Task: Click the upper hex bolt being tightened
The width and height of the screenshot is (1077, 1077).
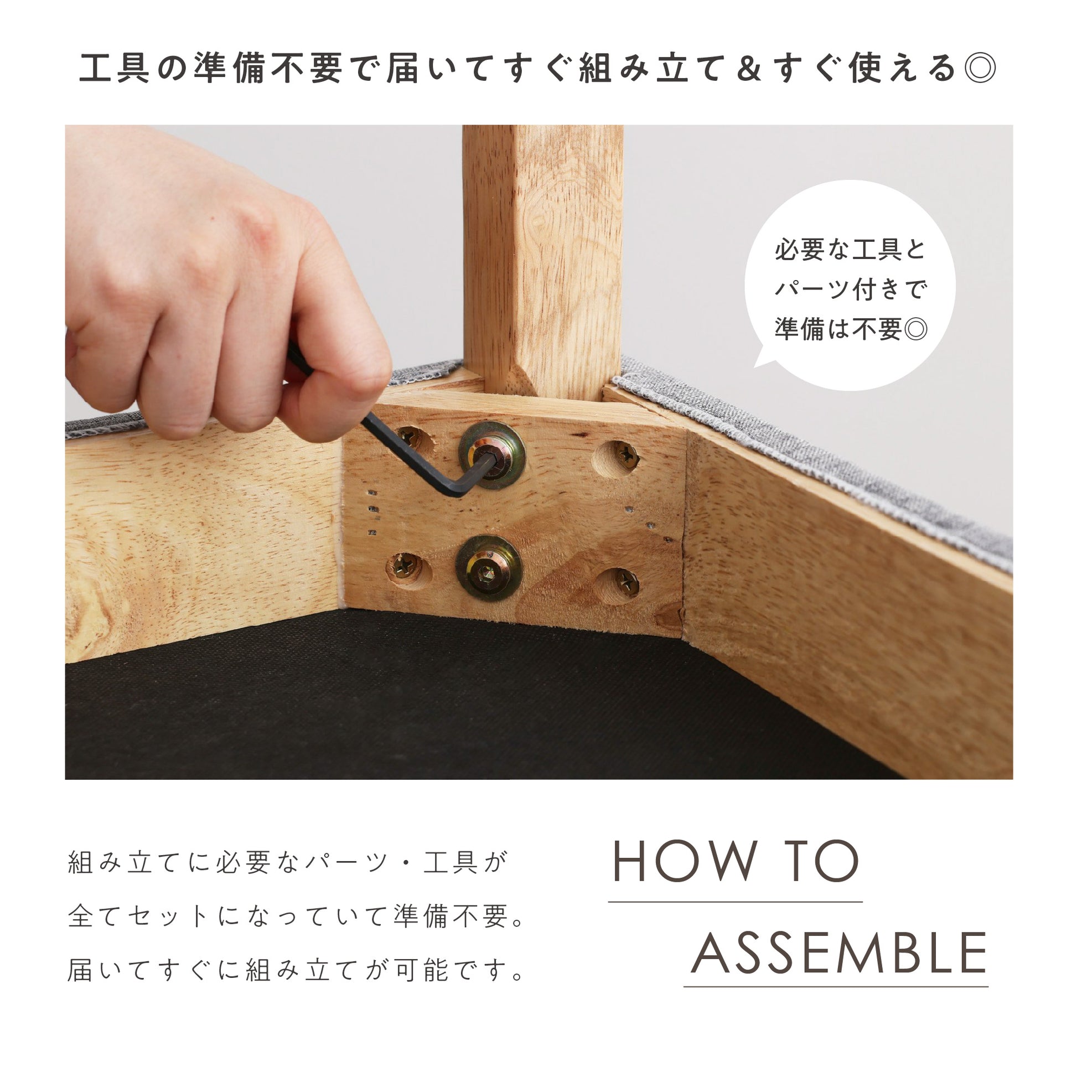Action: [491, 455]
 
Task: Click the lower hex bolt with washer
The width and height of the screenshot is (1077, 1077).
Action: [489, 568]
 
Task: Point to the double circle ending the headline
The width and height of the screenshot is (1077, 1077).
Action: [980, 69]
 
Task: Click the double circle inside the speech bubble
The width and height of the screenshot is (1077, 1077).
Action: [916, 329]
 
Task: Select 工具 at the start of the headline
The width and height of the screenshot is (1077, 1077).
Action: [115, 69]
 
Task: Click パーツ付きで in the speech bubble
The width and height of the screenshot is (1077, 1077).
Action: [850, 289]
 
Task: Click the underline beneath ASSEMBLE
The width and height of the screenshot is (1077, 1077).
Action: [836, 986]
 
